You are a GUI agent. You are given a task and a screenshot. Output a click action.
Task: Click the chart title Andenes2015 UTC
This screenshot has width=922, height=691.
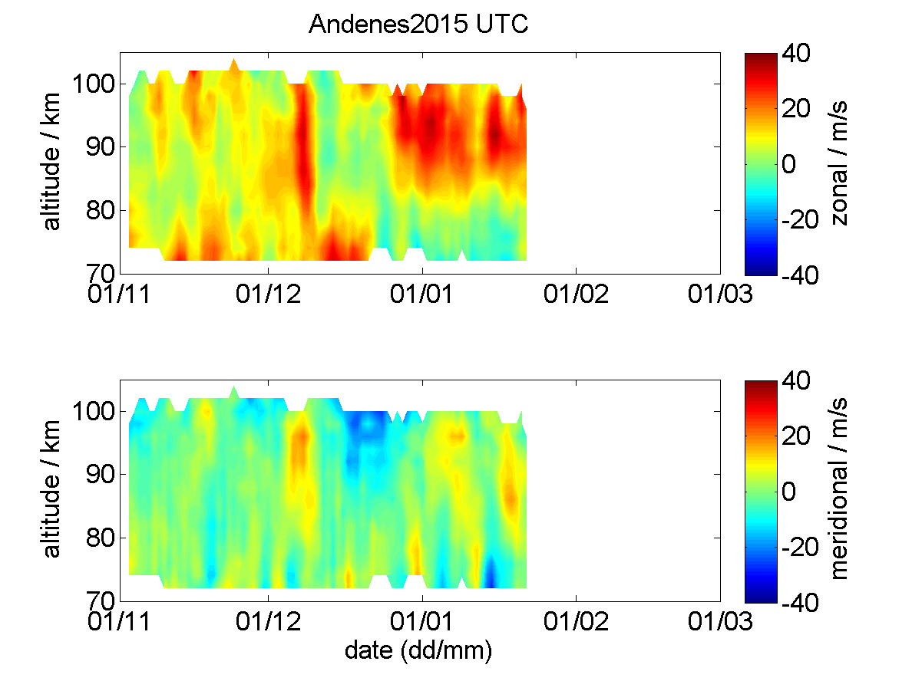[x=418, y=24]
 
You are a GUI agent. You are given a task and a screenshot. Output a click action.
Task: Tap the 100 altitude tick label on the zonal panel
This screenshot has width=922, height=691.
[x=94, y=84]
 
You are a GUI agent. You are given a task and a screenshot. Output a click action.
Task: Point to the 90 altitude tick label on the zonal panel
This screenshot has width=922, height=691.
[x=101, y=146]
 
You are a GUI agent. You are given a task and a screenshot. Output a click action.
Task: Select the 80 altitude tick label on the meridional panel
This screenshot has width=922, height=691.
[x=101, y=538]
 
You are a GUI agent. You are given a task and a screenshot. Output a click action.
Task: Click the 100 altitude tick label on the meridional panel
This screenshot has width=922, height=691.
[x=94, y=411]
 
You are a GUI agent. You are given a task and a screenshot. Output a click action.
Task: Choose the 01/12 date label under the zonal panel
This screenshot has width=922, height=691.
[x=268, y=294]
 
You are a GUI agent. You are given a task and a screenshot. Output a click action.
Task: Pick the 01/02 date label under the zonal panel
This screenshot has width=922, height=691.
[x=576, y=294]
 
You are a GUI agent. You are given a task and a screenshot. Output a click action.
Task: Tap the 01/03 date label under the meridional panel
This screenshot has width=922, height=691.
[x=720, y=621]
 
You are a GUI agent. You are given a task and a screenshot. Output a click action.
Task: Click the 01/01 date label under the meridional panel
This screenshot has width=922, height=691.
[x=421, y=621]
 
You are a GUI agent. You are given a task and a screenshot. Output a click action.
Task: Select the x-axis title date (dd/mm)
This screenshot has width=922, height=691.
[x=418, y=651]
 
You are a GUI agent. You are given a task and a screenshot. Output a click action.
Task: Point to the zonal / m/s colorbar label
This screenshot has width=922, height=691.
[x=839, y=163]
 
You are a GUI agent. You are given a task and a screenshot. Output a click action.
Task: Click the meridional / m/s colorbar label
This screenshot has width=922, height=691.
[x=839, y=489]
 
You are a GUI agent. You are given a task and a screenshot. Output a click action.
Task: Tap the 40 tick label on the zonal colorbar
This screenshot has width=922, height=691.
[x=796, y=54]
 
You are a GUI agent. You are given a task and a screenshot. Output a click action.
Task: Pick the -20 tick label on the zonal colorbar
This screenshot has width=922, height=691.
[x=800, y=219]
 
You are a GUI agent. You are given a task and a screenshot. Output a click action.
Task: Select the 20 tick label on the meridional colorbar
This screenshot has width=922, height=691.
[x=796, y=436]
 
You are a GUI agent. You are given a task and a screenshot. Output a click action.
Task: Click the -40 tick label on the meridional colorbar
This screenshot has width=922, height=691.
[x=800, y=603]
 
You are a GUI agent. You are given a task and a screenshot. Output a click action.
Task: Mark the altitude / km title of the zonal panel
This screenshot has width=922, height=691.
[x=51, y=162]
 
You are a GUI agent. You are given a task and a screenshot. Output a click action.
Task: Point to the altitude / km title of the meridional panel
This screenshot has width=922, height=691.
[x=51, y=489]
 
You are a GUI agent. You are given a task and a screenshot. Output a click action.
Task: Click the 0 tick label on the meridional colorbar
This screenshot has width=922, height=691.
[x=789, y=492]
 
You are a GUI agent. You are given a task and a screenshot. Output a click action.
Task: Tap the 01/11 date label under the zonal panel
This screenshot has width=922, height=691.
[x=119, y=294]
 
